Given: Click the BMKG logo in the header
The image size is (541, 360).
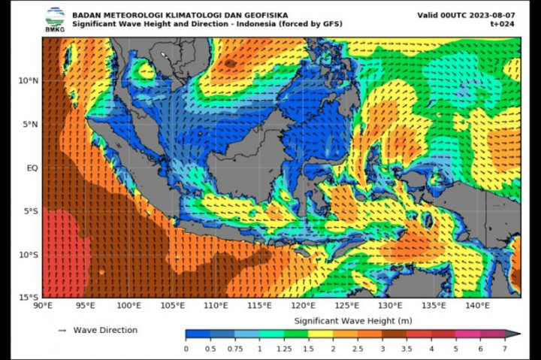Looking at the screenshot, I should click(x=54, y=19).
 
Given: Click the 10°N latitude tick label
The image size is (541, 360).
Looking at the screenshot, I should click(x=29, y=80).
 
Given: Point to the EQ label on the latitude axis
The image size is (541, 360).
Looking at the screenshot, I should click(x=32, y=168).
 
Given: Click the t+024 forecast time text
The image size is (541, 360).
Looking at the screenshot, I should click(x=502, y=24).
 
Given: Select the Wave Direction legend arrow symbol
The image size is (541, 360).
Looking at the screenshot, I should click(x=62, y=330).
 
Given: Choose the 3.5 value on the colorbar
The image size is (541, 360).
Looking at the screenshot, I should click(x=407, y=349).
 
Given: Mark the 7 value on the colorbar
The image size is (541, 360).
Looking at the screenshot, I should click(x=504, y=349).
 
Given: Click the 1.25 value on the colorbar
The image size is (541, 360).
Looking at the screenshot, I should click(x=283, y=349).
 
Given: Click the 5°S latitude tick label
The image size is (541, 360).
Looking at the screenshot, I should click(x=30, y=211).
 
